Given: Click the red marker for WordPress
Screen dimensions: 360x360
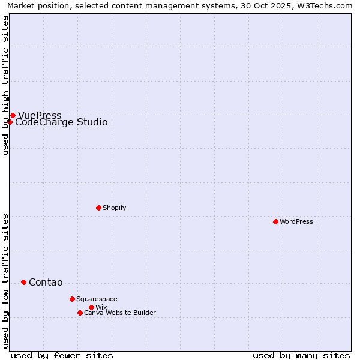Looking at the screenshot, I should click(275, 221).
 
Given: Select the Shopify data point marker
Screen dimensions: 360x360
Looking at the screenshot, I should click(98, 208).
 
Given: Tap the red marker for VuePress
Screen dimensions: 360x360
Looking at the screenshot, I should click(13, 115).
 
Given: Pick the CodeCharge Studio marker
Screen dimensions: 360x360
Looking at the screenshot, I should click(10, 122).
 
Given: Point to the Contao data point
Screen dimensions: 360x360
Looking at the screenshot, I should click(23, 282).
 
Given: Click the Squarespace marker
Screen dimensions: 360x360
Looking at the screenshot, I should click(72, 299).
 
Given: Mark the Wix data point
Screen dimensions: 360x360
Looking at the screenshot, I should click(91, 307).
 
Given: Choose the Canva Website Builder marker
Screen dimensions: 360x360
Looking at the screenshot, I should click(80, 313).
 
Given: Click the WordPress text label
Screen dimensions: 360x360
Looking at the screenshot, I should click(296, 221).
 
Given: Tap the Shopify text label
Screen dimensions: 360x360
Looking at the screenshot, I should click(115, 208).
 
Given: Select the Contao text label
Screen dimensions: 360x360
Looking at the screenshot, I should click(46, 283).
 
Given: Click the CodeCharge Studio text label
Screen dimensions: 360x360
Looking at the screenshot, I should click(61, 122).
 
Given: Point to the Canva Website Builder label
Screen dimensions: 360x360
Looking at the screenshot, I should click(120, 313).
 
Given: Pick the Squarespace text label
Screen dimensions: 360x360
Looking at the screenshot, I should click(97, 299).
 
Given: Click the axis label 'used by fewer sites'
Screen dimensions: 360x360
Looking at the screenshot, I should click(62, 355).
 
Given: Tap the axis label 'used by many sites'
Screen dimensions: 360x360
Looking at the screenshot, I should click(301, 355).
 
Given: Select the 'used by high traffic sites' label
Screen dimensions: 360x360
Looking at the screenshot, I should click(5, 85).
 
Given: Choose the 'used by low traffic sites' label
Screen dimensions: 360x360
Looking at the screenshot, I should click(5, 281).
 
